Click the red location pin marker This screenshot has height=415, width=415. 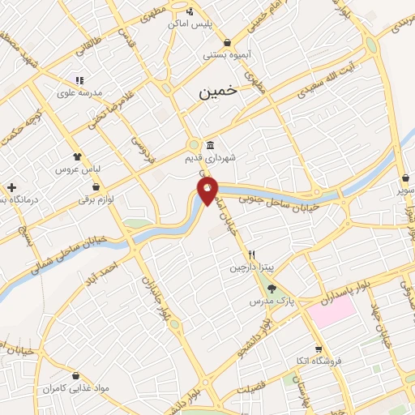(x=208, y=192)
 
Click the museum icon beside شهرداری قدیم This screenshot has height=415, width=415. (x=211, y=146)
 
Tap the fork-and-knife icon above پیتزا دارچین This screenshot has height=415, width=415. (x=251, y=255)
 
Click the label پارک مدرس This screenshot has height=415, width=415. (x=270, y=301)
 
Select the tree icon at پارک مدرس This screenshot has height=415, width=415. (x=271, y=289)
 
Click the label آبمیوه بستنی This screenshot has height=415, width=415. (x=226, y=55)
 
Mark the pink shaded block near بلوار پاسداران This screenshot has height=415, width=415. (x=331, y=312)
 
